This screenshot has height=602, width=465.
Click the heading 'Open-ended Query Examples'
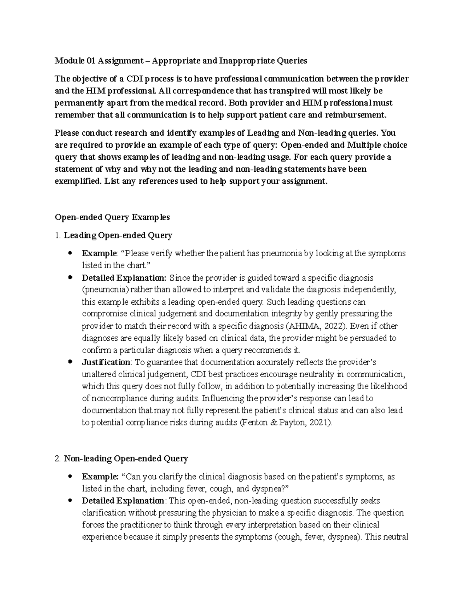pos(112,217)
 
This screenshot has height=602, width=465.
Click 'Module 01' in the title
pos(76,60)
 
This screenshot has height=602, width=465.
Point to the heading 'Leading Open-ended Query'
pos(118,235)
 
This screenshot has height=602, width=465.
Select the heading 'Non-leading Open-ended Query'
pos(126,459)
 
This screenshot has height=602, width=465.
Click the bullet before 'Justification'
pos(70,362)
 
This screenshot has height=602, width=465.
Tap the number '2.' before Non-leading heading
pos(58,459)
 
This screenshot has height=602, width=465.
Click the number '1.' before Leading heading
pos(58,235)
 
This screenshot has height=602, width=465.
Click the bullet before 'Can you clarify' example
pos(70,477)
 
